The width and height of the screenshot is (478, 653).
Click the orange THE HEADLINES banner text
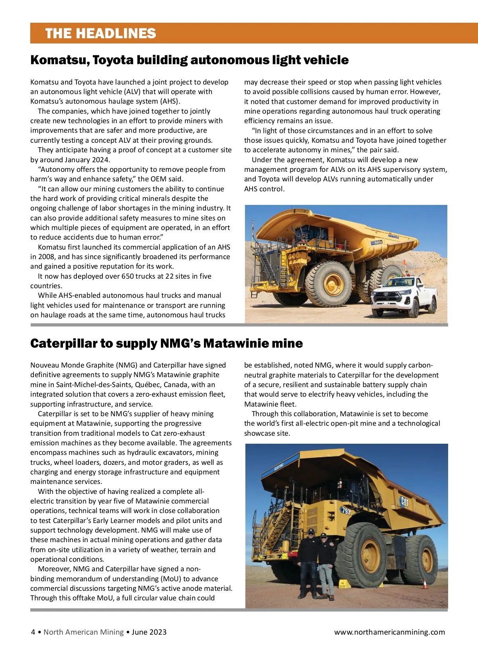100,33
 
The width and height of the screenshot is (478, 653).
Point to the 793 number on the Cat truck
345,510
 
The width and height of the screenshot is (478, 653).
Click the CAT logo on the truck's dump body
404,501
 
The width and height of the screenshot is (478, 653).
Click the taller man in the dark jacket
309,562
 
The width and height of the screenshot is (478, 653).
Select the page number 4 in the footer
33,632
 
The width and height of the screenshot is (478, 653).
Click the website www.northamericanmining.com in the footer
389,632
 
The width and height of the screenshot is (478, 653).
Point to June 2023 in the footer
149,632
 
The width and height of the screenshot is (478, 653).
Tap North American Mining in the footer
84,632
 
